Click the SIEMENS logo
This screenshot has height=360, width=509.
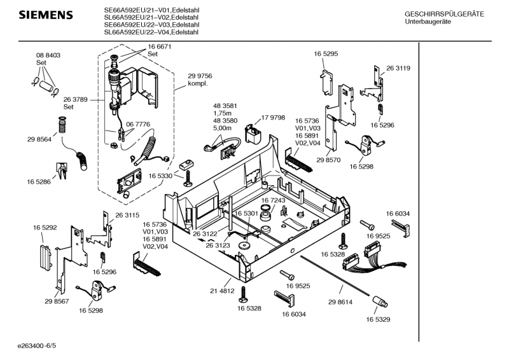[45, 15]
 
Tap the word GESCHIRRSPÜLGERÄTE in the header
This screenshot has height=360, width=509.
[444, 14]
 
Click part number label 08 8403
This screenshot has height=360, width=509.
[48, 55]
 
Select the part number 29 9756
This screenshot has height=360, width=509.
[200, 76]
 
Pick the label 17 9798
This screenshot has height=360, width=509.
[273, 118]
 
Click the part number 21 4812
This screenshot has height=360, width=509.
[223, 290]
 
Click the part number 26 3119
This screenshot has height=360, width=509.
[398, 68]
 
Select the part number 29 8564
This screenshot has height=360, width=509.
[39, 139]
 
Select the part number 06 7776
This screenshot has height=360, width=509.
[138, 124]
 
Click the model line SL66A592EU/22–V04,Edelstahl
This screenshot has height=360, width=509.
[151, 32]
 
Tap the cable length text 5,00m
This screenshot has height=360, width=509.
[222, 128]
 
